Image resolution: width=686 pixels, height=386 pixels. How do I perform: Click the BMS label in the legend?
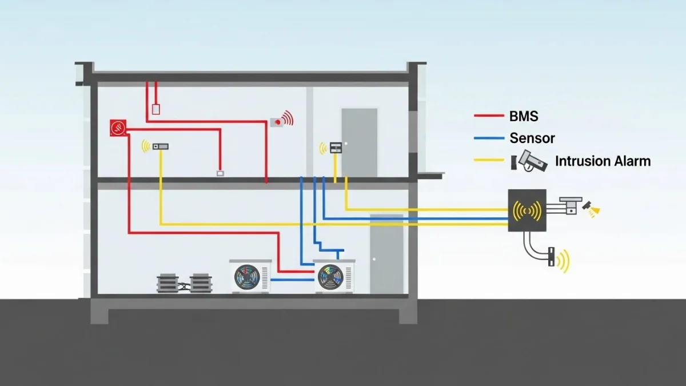click(x=523, y=117)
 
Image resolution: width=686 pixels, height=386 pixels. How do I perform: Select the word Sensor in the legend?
click(x=532, y=138)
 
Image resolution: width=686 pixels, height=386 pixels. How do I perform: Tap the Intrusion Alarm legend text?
click(x=603, y=161)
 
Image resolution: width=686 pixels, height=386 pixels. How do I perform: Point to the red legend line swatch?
click(x=488, y=117)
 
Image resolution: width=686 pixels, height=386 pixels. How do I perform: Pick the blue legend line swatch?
click(x=488, y=138)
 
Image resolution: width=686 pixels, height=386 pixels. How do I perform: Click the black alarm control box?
click(x=527, y=210)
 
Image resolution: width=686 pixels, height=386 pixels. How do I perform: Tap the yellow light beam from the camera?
click(x=594, y=212)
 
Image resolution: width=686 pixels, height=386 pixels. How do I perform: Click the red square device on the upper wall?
click(x=118, y=128)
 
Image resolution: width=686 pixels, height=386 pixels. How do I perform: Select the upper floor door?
click(x=359, y=142)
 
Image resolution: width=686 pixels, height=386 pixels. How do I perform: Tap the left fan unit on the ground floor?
click(x=250, y=276)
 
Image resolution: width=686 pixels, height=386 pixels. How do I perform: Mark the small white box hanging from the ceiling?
click(x=155, y=109)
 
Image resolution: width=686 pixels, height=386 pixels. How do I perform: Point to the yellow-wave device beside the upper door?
click(x=336, y=148)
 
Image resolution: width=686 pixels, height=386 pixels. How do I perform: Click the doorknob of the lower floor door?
click(x=374, y=258)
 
